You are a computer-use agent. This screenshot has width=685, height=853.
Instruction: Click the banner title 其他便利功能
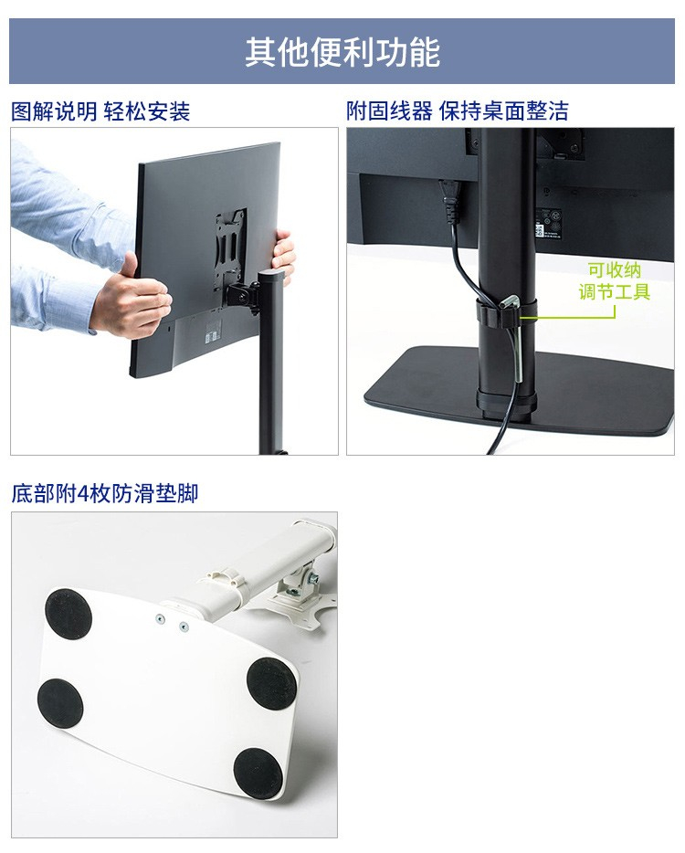[342, 52]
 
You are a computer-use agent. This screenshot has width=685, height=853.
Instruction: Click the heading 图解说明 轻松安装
[100, 111]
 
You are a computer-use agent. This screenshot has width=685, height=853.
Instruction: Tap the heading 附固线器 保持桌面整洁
[458, 111]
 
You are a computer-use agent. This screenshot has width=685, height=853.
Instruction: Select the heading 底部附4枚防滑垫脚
[104, 493]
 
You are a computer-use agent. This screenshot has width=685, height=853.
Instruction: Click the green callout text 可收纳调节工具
[615, 280]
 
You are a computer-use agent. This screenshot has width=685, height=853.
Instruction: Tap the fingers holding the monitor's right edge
[283, 255]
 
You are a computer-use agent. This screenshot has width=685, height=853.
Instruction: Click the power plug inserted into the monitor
[451, 200]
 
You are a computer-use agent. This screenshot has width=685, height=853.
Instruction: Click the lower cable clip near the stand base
[505, 401]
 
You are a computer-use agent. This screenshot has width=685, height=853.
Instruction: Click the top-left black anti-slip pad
[68, 614]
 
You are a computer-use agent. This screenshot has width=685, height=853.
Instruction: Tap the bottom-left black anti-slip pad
[60, 703]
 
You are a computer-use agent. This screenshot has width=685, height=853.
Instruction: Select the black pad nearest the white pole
[272, 683]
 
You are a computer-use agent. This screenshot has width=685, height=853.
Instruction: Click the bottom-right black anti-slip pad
[258, 772]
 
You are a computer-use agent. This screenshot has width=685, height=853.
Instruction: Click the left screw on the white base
[160, 619]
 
